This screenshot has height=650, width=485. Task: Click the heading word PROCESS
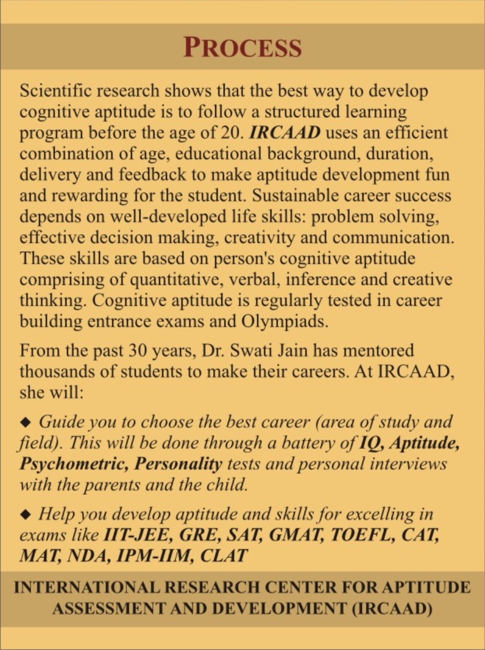242,47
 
